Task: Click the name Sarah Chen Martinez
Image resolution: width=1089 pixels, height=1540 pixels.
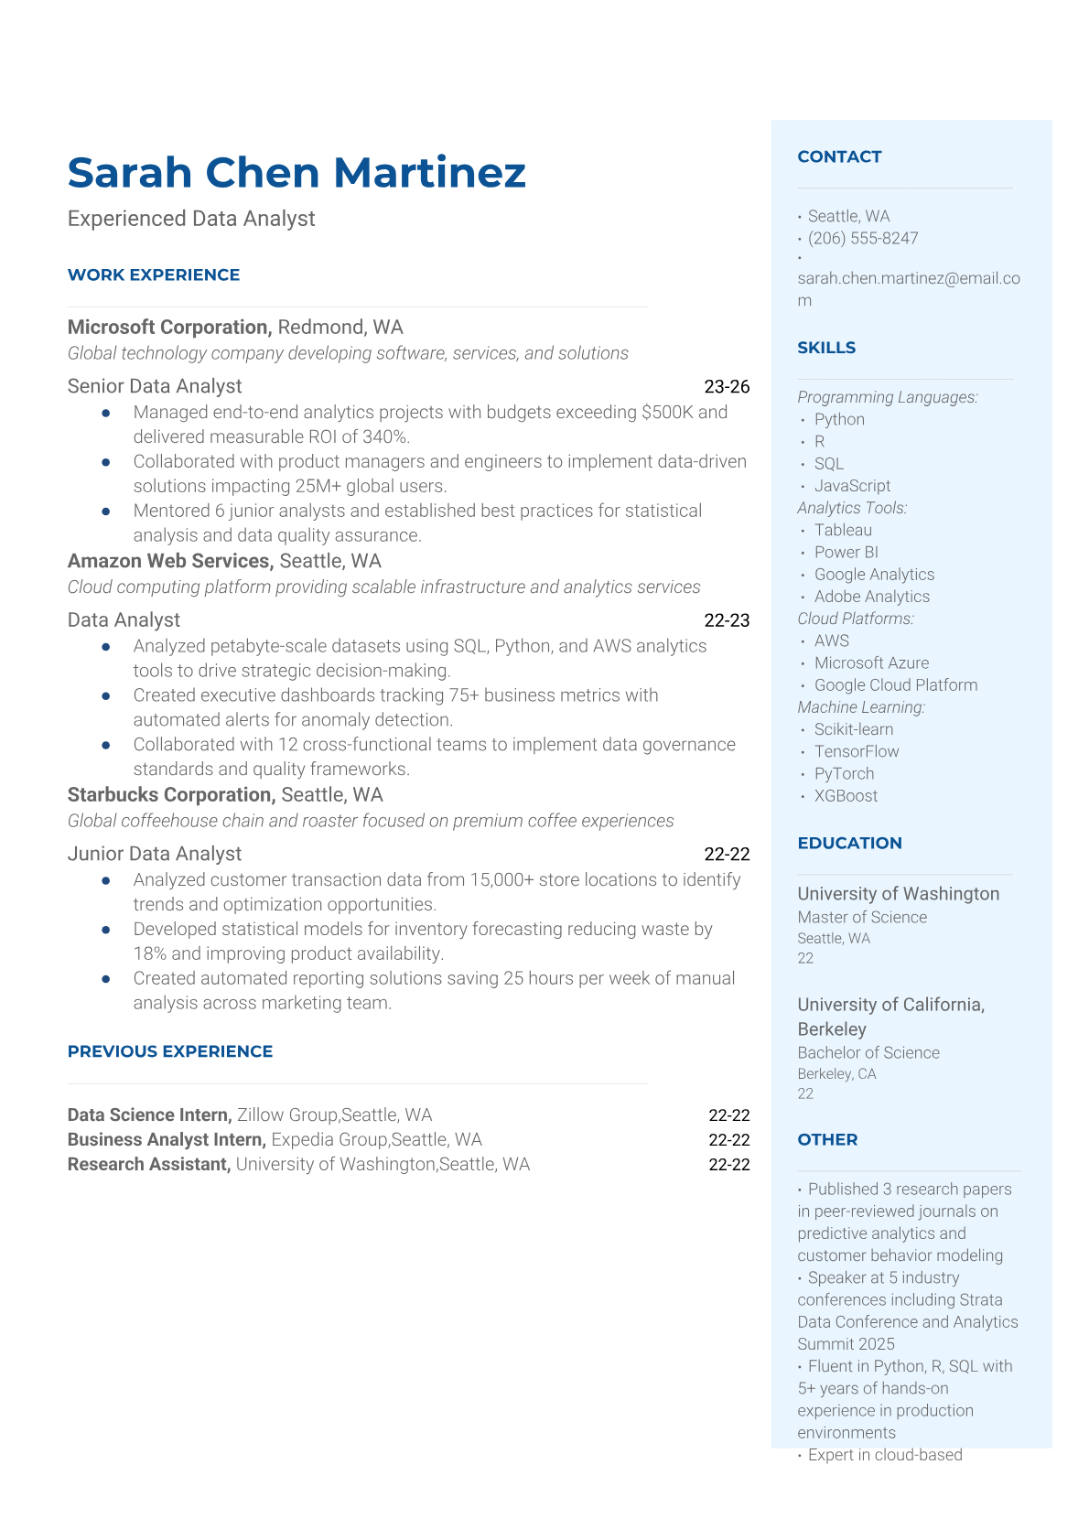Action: pos(297,172)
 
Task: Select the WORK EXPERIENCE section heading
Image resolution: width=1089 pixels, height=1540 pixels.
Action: pos(154,275)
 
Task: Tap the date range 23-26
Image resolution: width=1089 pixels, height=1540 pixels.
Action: pos(727,386)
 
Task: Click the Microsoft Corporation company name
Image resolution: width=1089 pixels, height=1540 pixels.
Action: pos(168,328)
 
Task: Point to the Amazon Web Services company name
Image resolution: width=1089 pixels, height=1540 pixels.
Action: pos(170,561)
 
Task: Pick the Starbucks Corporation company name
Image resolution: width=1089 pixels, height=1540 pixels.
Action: pos(170,795)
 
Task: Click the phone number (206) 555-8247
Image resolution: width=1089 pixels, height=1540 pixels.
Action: pos(862,238)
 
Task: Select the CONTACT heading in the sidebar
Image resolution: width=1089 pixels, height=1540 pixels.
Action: pos(839,156)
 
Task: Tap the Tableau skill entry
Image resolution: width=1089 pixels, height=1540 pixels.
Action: pos(843,530)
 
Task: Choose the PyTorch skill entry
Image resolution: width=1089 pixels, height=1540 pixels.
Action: pos(844,773)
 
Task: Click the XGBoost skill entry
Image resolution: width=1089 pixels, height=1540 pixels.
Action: pos(846,796)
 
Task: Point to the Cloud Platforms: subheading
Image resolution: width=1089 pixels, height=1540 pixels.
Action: pos(856,619)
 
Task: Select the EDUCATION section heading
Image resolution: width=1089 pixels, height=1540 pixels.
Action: pos(849,843)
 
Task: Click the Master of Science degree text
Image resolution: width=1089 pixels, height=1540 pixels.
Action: pos(862,917)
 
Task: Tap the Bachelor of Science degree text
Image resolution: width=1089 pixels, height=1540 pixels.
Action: pos(868,1052)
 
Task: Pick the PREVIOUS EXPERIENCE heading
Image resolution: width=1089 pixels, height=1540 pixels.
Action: pos(170,1051)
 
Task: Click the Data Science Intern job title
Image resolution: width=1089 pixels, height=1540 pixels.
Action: pos(149,1115)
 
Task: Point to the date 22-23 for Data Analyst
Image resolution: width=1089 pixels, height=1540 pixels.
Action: pos(727,620)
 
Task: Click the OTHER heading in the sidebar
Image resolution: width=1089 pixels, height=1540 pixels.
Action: pos(827,1139)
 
